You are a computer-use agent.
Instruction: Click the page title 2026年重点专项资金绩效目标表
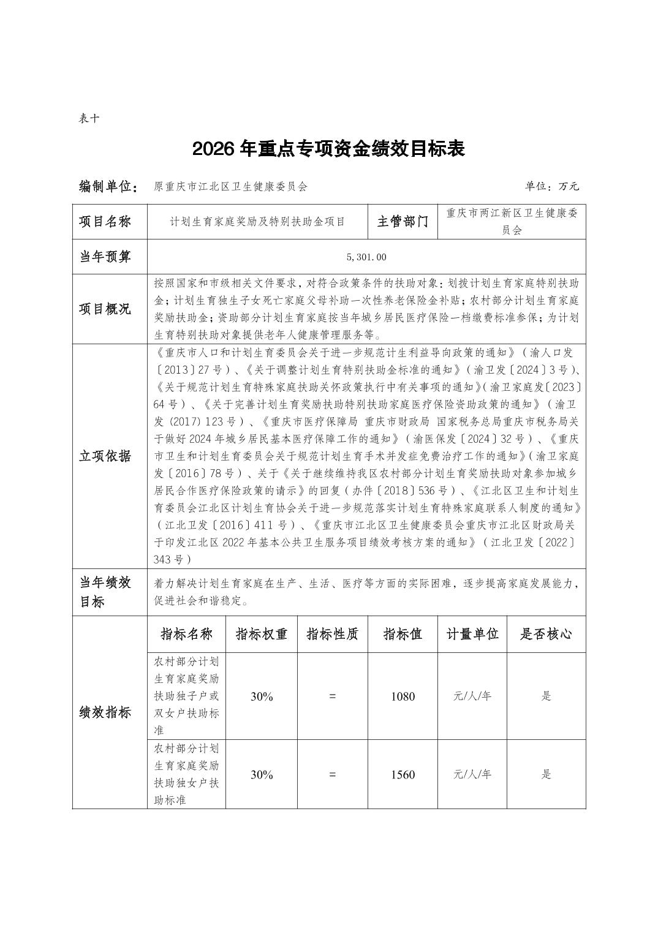(328, 149)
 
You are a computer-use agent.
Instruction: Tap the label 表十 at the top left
(89, 119)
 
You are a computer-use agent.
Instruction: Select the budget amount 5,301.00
(366, 257)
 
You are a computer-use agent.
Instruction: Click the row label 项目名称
(105, 222)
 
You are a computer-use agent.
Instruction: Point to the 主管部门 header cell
(403, 222)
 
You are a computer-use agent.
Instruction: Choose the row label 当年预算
(105, 257)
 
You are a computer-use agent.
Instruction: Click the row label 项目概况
(105, 309)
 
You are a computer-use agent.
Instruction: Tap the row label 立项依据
(105, 456)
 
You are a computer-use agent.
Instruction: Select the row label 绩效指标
(105, 712)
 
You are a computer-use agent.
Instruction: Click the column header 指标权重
(262, 635)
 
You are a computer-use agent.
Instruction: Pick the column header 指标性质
(332, 635)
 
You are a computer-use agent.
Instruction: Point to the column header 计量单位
(472, 635)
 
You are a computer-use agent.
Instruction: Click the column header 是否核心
(546, 635)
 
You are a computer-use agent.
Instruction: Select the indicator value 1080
(403, 696)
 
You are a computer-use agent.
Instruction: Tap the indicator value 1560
(403, 775)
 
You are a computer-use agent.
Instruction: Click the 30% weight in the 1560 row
(262, 775)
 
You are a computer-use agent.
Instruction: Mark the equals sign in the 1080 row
(332, 696)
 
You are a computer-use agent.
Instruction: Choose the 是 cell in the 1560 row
(546, 775)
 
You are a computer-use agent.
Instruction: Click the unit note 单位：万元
(551, 187)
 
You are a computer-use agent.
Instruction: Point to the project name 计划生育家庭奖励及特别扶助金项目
(257, 222)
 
